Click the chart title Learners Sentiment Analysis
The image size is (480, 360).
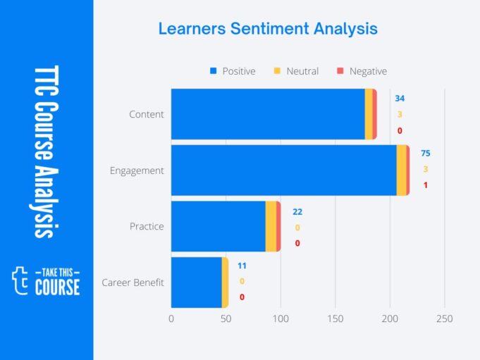pyautogui.click(x=267, y=29)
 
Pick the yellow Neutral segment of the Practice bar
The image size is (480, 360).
pyautogui.click(x=271, y=226)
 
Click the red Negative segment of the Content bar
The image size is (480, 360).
pyautogui.click(x=375, y=114)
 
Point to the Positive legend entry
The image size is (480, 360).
pyautogui.click(x=233, y=71)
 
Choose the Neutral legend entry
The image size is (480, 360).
pyautogui.click(x=296, y=71)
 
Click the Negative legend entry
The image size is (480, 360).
pyautogui.click(x=362, y=71)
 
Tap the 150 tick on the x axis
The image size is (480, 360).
pyautogui.click(x=335, y=319)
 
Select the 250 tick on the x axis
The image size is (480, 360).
pyautogui.click(x=444, y=319)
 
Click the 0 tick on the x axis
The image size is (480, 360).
pyautogui.click(x=171, y=319)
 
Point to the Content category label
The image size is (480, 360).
pyautogui.click(x=147, y=114)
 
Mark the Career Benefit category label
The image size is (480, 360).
pyautogui.click(x=133, y=283)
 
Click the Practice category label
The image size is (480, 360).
pyautogui.click(x=147, y=226)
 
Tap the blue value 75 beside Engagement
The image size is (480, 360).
pyautogui.click(x=425, y=154)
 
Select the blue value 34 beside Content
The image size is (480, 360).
pyautogui.click(x=400, y=98)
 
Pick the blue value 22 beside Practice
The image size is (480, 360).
pyautogui.click(x=297, y=211)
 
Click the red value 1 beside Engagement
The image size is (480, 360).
pyautogui.click(x=425, y=185)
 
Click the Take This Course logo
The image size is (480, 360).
pyautogui.click(x=47, y=280)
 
